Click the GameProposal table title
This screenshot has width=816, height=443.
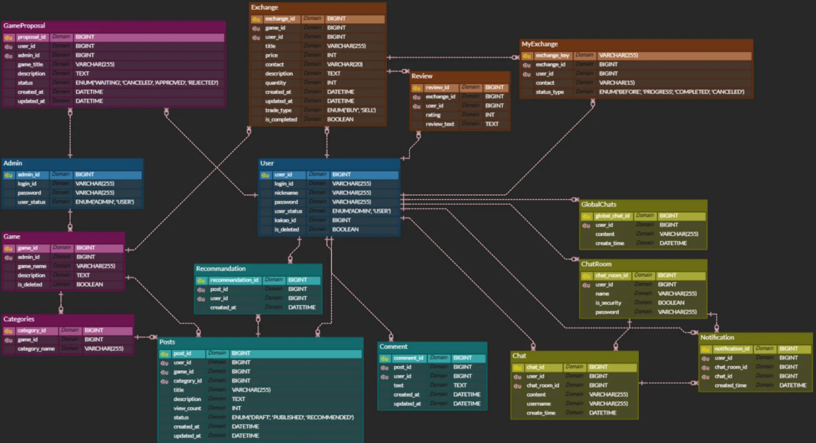coord(24,26)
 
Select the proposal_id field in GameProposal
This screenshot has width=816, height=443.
coord(31,37)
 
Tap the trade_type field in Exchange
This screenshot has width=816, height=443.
coord(279,110)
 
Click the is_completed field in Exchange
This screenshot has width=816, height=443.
coord(281,120)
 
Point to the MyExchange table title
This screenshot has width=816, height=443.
coord(539,44)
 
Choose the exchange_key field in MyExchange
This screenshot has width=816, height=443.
coord(552,56)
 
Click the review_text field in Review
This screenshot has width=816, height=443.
coord(440,124)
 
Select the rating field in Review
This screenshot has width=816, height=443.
coord(433,115)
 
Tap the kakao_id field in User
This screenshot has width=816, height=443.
coord(285,220)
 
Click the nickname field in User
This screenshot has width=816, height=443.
coord(286,193)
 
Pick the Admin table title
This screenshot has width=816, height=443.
coord(13,163)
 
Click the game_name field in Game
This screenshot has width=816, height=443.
coord(32,266)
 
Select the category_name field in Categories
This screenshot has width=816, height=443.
coord(36,349)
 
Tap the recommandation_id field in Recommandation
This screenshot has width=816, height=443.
coord(234,280)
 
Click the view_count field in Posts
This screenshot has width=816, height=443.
coord(187,409)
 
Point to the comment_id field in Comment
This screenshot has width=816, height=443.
coord(408,358)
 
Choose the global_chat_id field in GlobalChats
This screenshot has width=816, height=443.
coord(612,216)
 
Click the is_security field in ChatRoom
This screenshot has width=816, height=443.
coord(608,303)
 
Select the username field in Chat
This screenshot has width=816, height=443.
coord(538,404)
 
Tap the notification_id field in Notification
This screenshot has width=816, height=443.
coord(732,349)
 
